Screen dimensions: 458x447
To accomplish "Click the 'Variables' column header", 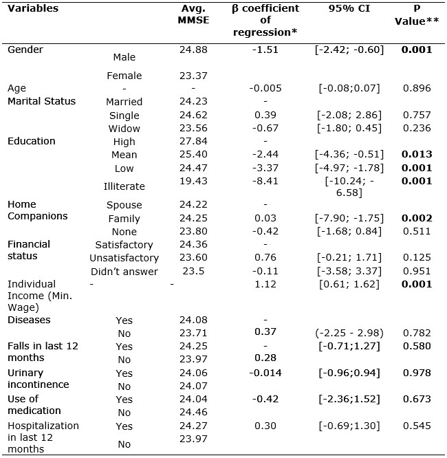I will (33, 9).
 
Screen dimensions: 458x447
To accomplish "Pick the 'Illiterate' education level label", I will (124, 186).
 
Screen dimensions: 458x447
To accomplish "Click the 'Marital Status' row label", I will (41, 101).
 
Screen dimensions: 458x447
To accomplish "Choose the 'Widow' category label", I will (124, 129).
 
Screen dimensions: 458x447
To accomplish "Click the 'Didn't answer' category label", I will (124, 272).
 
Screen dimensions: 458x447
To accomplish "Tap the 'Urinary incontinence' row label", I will (38, 378).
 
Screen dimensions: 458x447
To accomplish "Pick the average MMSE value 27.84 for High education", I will (193, 142).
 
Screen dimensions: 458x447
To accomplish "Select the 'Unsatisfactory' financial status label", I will (124, 258).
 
